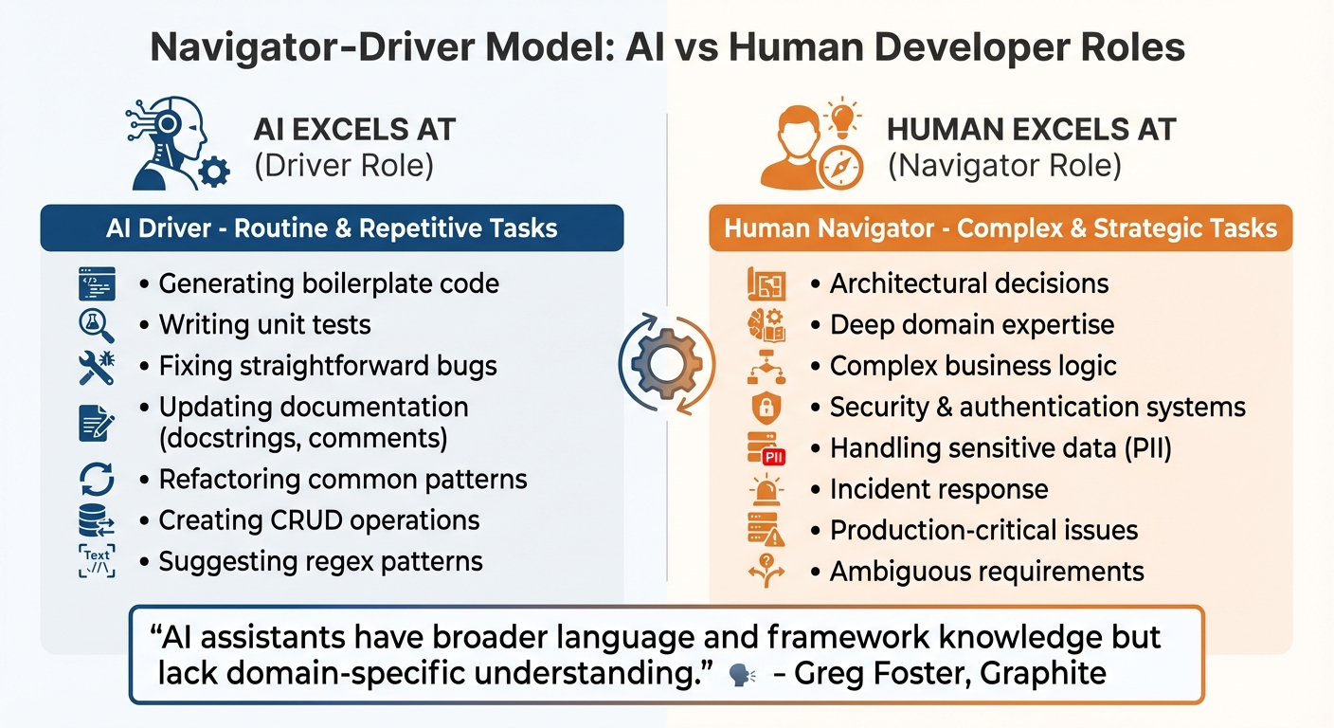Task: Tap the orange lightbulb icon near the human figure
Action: click(x=842, y=117)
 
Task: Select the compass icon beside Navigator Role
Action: click(x=840, y=168)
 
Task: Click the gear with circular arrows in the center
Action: click(x=666, y=363)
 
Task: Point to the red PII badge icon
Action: click(x=774, y=457)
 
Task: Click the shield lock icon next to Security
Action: click(x=766, y=407)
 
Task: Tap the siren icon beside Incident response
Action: click(x=766, y=490)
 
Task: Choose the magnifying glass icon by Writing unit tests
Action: click(x=96, y=325)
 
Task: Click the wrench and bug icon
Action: click(x=97, y=367)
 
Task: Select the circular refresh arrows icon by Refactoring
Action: click(x=97, y=479)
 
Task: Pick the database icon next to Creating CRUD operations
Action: click(x=97, y=520)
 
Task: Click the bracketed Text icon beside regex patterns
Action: click(x=97, y=561)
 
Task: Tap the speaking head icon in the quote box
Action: click(x=742, y=675)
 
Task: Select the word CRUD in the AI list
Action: click(x=309, y=520)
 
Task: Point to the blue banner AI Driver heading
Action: click(x=332, y=228)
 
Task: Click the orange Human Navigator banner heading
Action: click(x=1000, y=228)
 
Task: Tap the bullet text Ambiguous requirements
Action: click(x=987, y=572)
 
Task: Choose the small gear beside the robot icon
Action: click(x=214, y=172)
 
